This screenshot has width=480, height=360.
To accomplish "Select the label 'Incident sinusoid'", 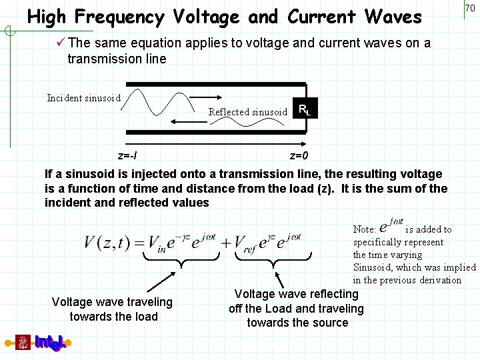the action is pyautogui.click(x=83, y=98).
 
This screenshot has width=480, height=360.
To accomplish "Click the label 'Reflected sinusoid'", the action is pyautogui.click(x=247, y=112).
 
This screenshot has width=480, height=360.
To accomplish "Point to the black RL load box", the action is pyautogui.click(x=304, y=109).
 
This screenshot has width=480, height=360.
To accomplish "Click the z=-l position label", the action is pyautogui.click(x=127, y=156).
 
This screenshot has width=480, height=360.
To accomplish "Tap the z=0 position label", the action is pyautogui.click(x=299, y=156).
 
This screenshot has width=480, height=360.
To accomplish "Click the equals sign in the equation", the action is pyautogui.click(x=138, y=242).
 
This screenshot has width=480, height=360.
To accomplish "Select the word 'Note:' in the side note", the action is pyautogui.click(x=365, y=229).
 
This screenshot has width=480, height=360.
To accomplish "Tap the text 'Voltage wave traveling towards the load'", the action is pyautogui.click(x=112, y=309).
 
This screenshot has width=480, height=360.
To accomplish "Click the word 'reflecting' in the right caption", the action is pyautogui.click(x=333, y=294).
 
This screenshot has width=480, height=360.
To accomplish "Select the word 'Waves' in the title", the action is pyautogui.click(x=389, y=17).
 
